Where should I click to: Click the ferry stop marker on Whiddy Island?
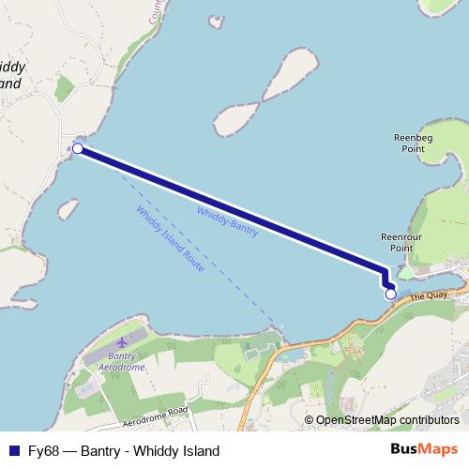coord(78,148)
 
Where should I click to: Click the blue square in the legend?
coord(12,450)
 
